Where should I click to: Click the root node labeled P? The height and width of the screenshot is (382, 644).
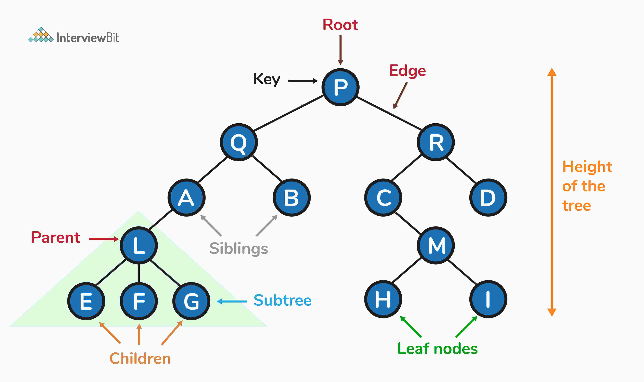coord(341,87)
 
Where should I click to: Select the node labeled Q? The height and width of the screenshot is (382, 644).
coord(239,142)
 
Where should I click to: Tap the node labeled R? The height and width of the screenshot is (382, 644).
coord(436,142)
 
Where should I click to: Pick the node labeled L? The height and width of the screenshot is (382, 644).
coord(139,245)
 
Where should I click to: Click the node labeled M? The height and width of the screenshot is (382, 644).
coord(436,245)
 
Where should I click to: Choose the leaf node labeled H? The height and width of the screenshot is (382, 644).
coord(383,299)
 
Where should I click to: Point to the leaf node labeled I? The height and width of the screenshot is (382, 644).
coord(488,299)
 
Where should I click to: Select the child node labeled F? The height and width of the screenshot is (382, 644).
coord(139,301)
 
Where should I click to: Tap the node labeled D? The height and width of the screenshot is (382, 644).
coord(488,197)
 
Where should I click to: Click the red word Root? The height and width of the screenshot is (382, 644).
coord(340,25)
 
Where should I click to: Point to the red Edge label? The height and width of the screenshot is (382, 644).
coord(407,71)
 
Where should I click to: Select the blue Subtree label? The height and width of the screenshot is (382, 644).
coord(282,300)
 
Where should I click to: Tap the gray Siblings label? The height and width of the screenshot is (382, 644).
coord(239,249)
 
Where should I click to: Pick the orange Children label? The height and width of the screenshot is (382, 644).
coord(140,359)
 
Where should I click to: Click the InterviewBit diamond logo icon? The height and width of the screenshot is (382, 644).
coord(41,35)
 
